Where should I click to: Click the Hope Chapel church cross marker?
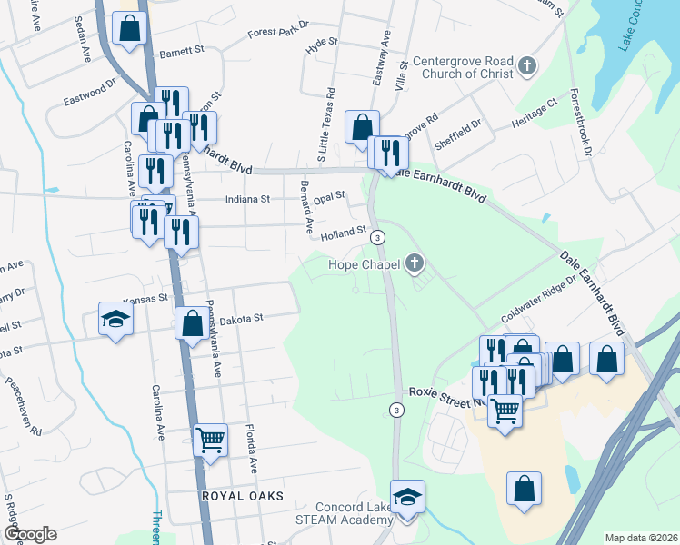click(x=415, y=264)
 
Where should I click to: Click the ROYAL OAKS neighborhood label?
click(x=243, y=496)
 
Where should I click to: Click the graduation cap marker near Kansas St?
click(x=116, y=319)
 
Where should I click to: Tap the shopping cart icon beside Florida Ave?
click(x=211, y=441)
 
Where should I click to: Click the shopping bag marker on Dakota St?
click(x=192, y=323)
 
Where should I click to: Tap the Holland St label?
click(x=344, y=233)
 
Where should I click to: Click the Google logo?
click(x=30, y=534)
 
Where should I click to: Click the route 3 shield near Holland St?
click(x=378, y=237)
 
